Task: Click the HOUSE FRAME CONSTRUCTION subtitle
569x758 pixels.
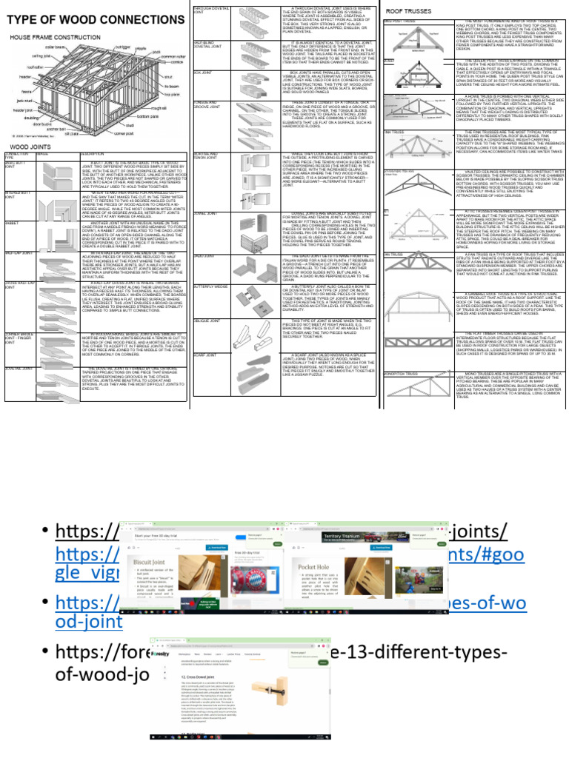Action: (49, 36)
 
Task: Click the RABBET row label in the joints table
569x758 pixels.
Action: (12, 222)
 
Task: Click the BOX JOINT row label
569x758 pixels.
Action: (204, 73)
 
